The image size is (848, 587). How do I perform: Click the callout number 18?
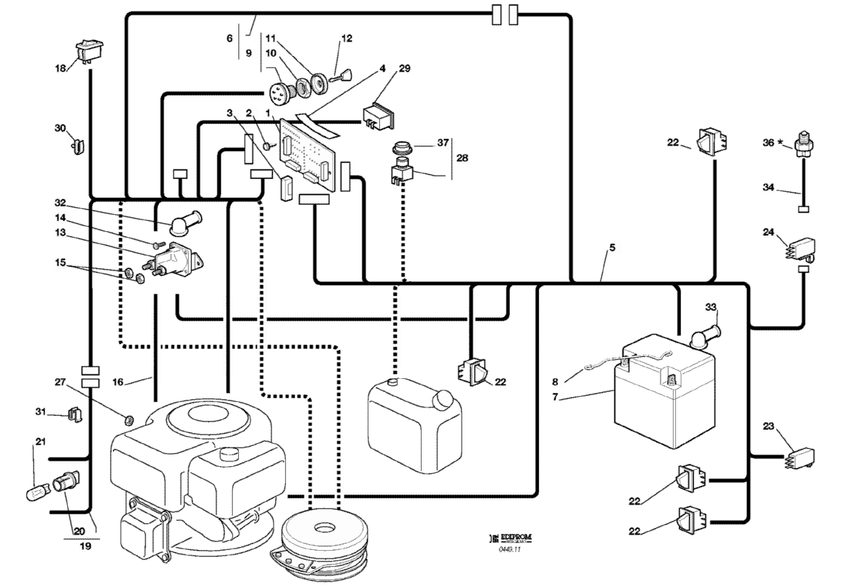(x=60, y=68)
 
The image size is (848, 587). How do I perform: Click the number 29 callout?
(x=405, y=69)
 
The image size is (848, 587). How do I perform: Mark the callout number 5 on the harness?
(x=612, y=249)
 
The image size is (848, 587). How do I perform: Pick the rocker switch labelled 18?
(x=88, y=52)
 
